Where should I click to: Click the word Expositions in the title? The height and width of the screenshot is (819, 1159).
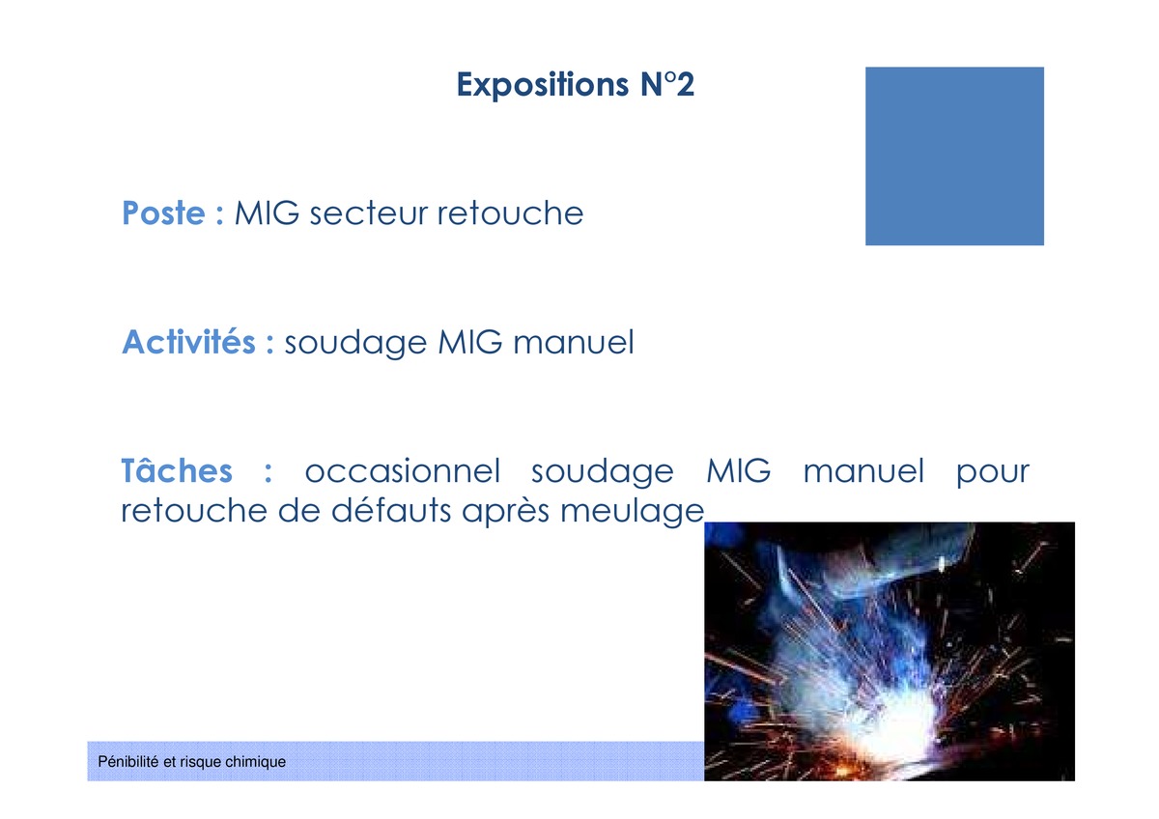pyautogui.click(x=543, y=85)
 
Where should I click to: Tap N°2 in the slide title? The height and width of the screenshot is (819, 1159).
pyautogui.click(x=667, y=84)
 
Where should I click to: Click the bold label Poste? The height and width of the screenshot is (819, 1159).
pyautogui.click(x=163, y=212)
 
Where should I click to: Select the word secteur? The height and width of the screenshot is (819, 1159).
pyautogui.click(x=368, y=213)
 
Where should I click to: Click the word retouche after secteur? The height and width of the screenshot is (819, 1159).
pyautogui.click(x=510, y=212)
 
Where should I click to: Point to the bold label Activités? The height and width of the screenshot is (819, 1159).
pyautogui.click(x=189, y=342)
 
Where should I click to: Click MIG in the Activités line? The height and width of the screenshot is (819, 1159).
pyautogui.click(x=469, y=342)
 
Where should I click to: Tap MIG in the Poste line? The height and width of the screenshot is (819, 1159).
pyautogui.click(x=267, y=212)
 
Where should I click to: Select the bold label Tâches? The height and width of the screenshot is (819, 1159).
pyautogui.click(x=177, y=470)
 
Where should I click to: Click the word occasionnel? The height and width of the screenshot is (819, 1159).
pyautogui.click(x=403, y=470)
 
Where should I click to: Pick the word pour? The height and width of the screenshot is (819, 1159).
pyautogui.click(x=993, y=473)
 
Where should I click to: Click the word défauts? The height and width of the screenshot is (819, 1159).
pyautogui.click(x=391, y=511)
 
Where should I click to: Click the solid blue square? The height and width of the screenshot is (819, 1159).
pyautogui.click(x=954, y=155)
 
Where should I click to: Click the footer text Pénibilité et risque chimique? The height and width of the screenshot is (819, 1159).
pyautogui.click(x=191, y=762)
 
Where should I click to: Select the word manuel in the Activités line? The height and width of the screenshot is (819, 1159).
pyautogui.click(x=574, y=342)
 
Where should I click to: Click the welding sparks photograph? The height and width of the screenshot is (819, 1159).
pyautogui.click(x=890, y=651)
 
